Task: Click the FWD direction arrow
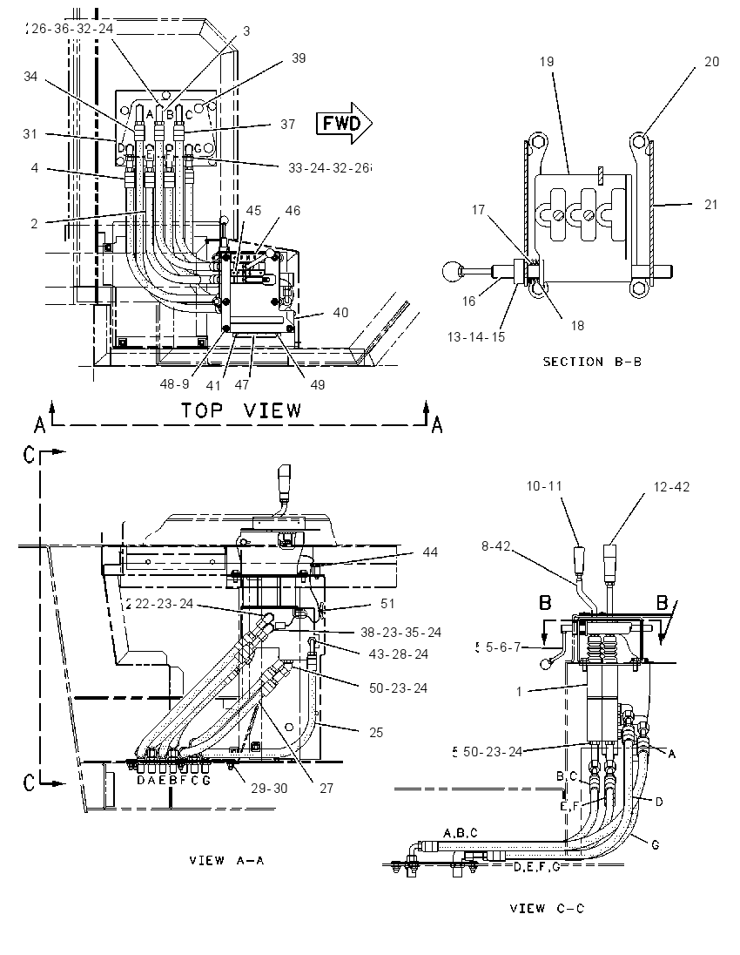pos(344,123)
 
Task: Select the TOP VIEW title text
pos(241,410)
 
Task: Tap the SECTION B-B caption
pos(592,362)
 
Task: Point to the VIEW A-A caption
pos(226,861)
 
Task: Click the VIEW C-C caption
pos(547,909)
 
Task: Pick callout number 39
pos(299,58)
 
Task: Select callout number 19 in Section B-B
pos(547,62)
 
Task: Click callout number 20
pos(711,62)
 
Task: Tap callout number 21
pos(710,205)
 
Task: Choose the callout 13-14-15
pos(476,337)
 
